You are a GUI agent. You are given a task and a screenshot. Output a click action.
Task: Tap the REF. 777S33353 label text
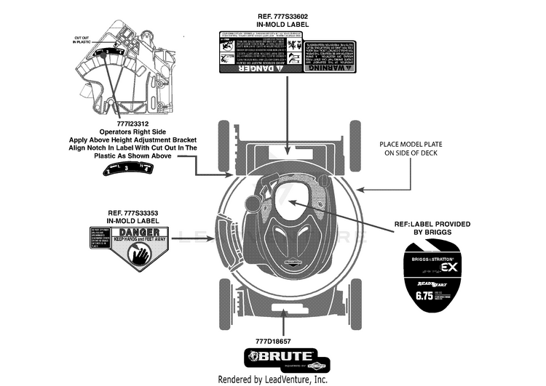click(132, 212)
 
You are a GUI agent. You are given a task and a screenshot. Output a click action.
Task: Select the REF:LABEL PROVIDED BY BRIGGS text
click(432, 228)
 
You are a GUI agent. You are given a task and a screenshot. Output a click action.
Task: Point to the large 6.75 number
click(424, 297)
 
